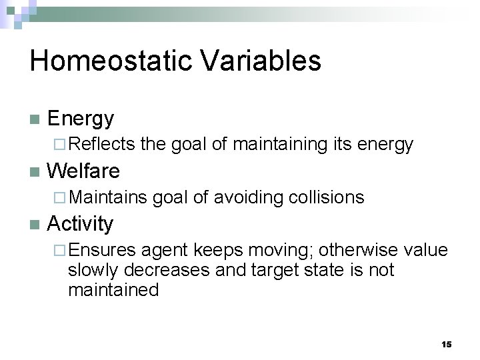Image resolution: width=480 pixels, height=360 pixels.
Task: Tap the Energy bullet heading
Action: tap(81, 119)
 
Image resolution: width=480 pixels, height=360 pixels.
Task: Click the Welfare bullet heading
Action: tap(83, 171)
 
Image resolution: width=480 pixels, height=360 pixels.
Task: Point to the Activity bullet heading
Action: tap(80, 223)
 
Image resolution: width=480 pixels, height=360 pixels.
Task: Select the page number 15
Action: tap(446, 344)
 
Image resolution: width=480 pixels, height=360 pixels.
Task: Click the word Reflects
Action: tap(101, 144)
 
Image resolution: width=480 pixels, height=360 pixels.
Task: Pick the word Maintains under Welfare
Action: tap(107, 197)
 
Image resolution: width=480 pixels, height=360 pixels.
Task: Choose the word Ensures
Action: tap(102, 249)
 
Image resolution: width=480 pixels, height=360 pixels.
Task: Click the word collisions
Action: tap(328, 197)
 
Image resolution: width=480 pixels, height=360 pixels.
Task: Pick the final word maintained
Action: tap(113, 290)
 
